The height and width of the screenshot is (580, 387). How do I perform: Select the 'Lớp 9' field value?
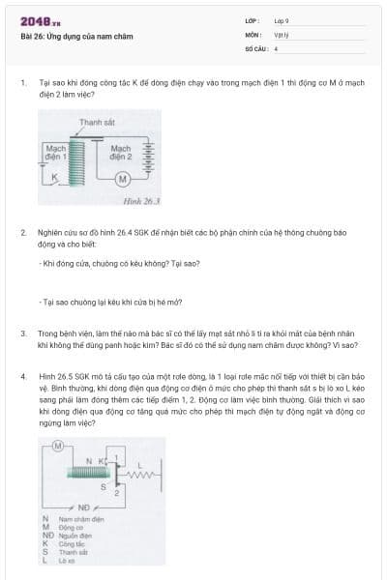(x=282, y=20)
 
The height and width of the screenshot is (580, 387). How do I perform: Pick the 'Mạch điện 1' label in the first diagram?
(x=56, y=152)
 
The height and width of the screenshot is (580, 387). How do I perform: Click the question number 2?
(x=22, y=233)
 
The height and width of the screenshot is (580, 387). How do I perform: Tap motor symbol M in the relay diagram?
(x=58, y=446)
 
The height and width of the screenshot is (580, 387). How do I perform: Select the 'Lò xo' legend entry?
(x=66, y=561)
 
